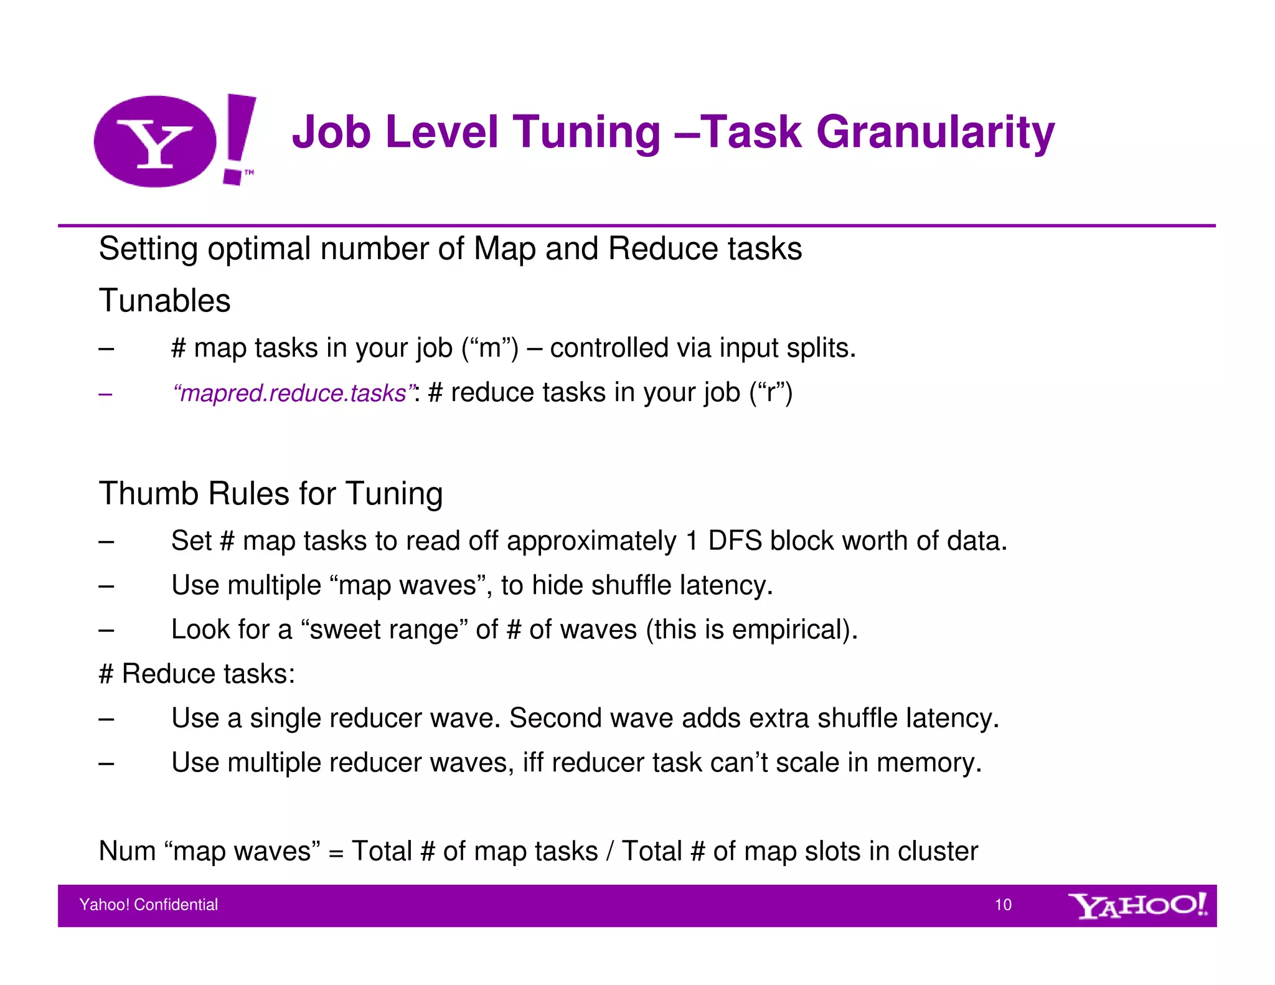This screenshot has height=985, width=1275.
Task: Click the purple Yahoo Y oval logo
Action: tap(155, 141)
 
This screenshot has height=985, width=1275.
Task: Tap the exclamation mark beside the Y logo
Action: tap(239, 138)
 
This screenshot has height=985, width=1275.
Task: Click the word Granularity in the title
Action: tap(935, 133)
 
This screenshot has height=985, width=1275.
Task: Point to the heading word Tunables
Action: tap(164, 301)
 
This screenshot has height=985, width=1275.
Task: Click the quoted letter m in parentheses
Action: tap(490, 348)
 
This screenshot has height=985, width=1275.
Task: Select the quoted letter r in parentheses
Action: tap(771, 393)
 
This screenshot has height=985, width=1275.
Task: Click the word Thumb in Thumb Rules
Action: tap(148, 494)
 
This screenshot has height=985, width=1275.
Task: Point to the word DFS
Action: tap(734, 540)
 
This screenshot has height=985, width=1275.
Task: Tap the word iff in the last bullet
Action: tap(532, 763)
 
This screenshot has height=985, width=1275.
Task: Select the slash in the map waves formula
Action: tap(609, 851)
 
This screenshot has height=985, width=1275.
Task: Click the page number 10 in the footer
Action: tap(1003, 905)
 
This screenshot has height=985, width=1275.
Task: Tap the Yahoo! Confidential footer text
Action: tap(149, 905)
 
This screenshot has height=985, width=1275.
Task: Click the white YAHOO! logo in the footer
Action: tap(1137, 905)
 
